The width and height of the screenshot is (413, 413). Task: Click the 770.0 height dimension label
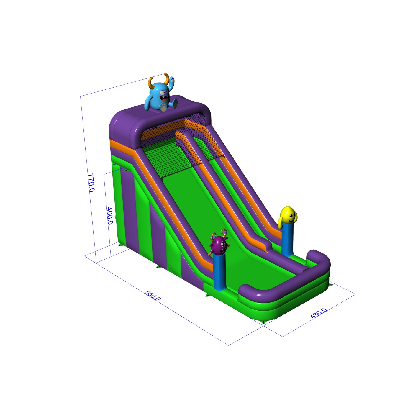pyautogui.click(x=91, y=182)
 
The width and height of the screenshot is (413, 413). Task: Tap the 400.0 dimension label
pyautogui.click(x=109, y=216)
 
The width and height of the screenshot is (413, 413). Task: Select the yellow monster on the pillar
pyautogui.click(x=288, y=215)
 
